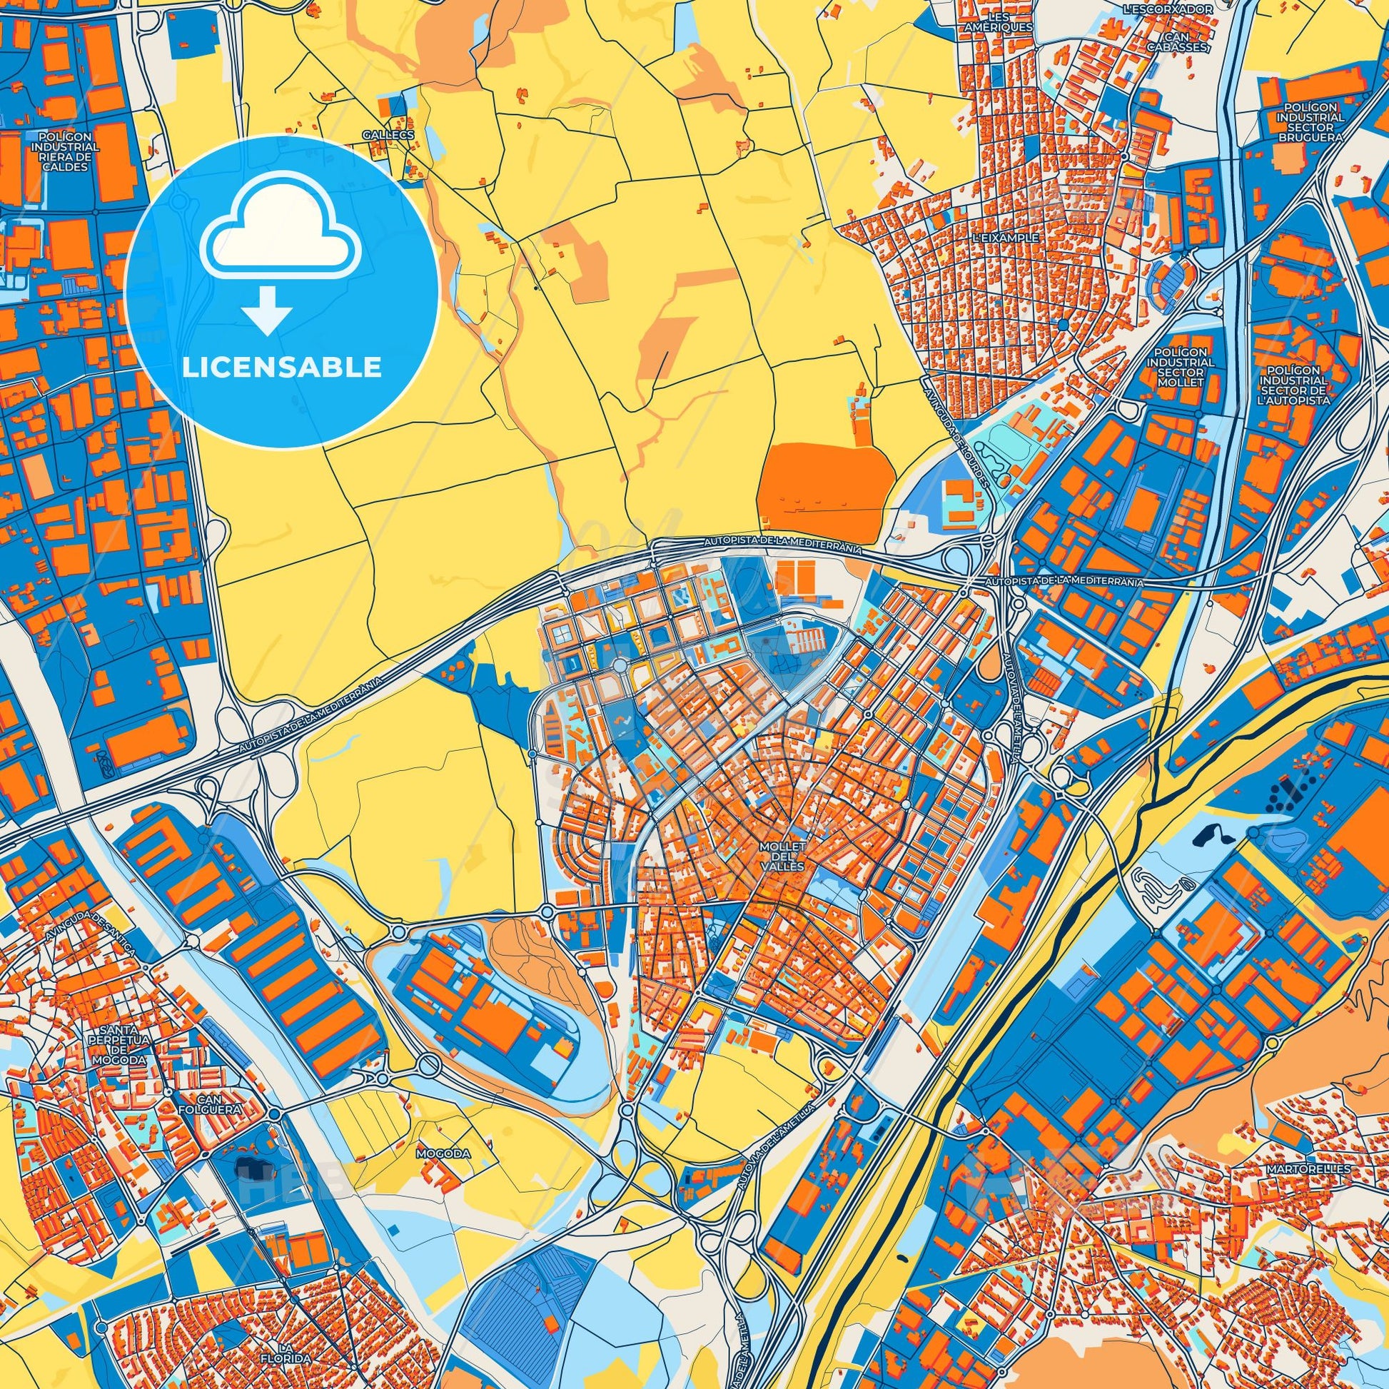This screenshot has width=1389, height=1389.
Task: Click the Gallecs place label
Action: [x=388, y=135]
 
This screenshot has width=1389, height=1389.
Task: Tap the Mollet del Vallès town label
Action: [x=782, y=857]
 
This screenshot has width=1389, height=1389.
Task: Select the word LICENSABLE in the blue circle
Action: [x=282, y=368]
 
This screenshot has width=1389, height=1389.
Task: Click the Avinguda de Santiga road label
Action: [x=89, y=920]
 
